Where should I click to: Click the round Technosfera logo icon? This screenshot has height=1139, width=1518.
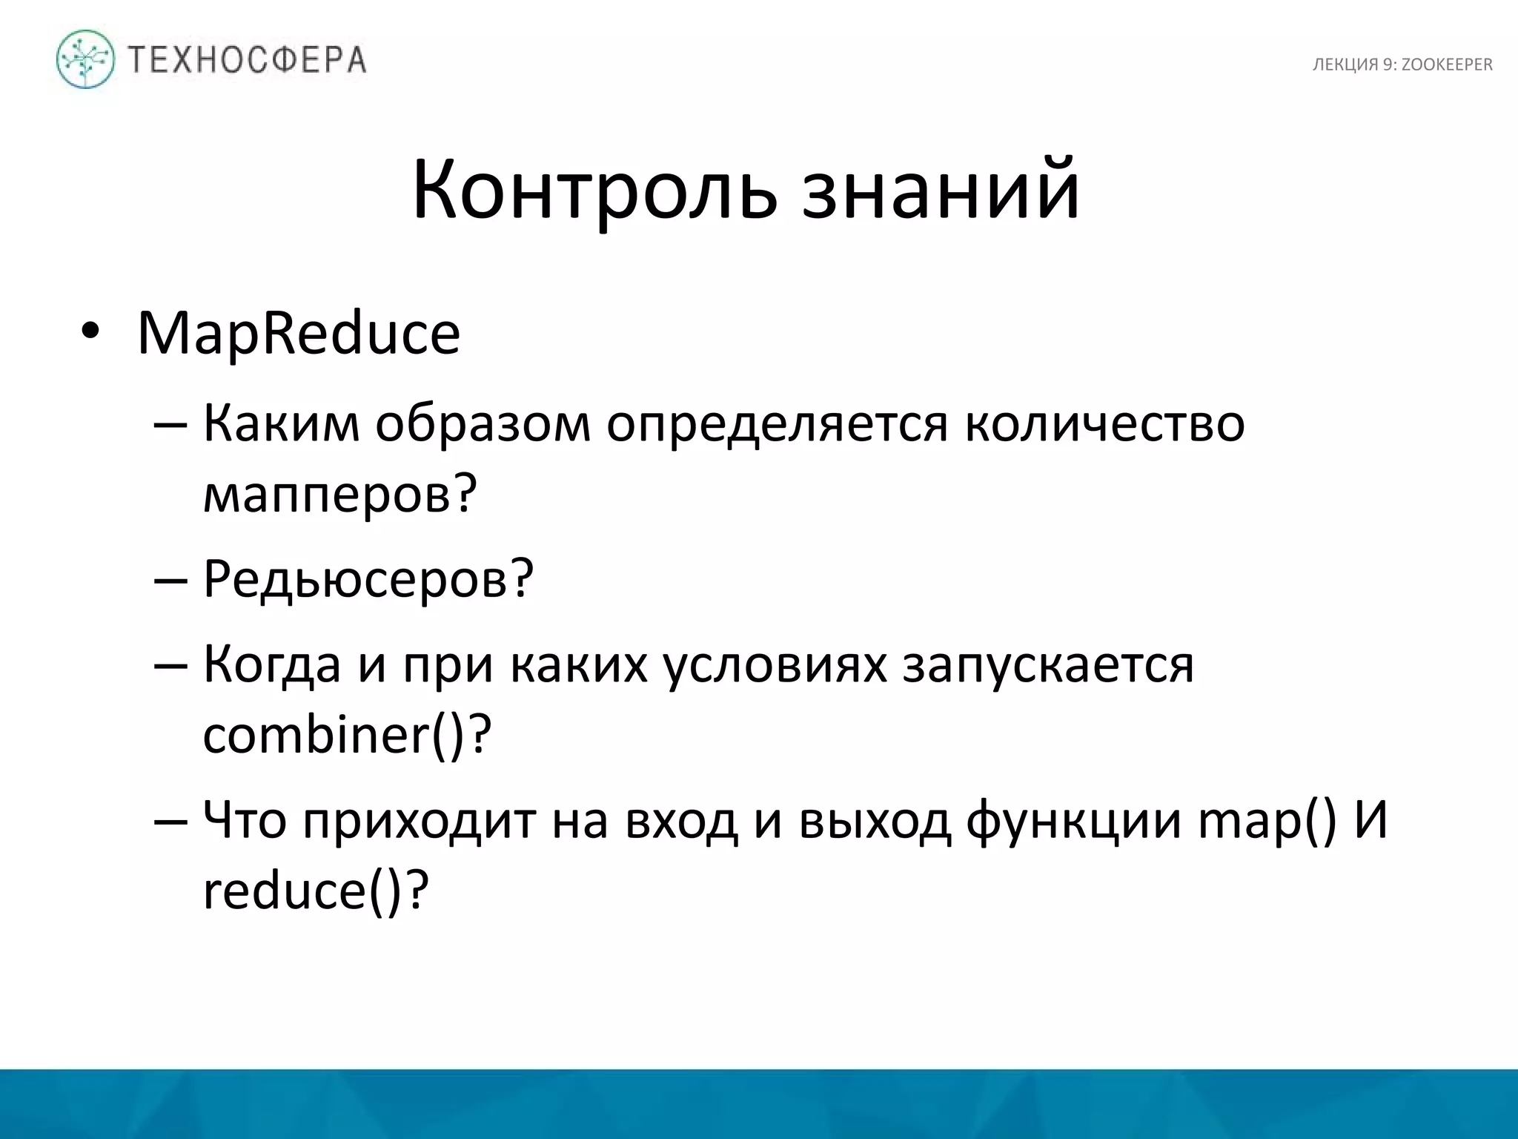click(85, 59)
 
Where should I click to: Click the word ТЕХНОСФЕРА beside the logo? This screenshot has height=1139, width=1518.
click(248, 60)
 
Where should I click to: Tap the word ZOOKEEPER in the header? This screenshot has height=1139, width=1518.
click(1447, 65)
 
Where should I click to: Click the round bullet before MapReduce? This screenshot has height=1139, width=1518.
click(90, 331)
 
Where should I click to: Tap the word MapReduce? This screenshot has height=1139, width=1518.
click(299, 334)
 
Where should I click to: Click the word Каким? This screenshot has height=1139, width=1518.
click(281, 423)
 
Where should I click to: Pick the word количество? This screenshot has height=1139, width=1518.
click(1104, 423)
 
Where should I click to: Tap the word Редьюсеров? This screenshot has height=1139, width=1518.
click(368, 579)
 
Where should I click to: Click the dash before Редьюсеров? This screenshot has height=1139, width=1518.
click(170, 581)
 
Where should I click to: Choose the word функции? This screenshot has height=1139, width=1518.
click(1073, 822)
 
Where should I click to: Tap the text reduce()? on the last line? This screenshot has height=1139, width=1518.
click(316, 891)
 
